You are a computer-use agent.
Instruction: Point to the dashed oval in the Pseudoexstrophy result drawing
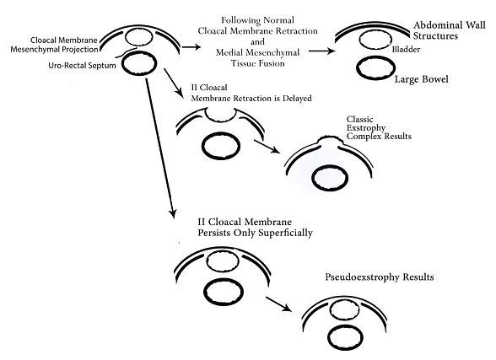click(x=341, y=311)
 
